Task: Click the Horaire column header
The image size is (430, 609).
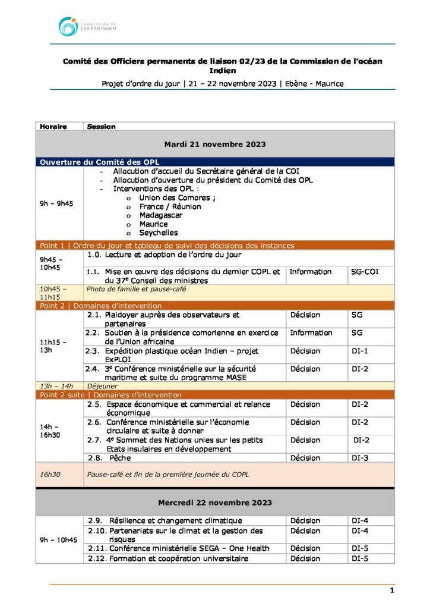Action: click(53, 127)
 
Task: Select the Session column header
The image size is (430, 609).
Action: click(101, 127)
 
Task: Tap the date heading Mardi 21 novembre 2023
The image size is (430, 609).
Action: click(214, 144)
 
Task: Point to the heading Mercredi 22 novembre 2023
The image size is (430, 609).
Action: click(214, 503)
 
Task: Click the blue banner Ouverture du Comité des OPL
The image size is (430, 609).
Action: click(99, 162)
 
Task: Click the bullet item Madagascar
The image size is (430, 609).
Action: click(160, 215)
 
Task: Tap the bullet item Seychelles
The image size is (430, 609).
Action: click(158, 233)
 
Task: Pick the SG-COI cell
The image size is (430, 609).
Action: click(365, 272)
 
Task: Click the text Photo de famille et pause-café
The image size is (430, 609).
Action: click(137, 290)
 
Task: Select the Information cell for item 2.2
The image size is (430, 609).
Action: click(311, 333)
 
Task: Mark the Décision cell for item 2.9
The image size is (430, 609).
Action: click(305, 520)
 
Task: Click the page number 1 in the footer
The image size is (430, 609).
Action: click(392, 591)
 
